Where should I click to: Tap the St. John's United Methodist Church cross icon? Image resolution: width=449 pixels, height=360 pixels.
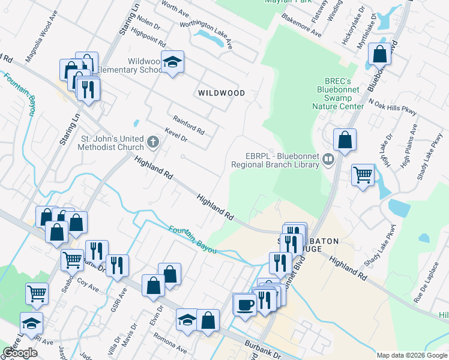click(x=153, y=142)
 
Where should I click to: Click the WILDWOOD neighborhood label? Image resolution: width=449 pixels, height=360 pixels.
click(x=222, y=93)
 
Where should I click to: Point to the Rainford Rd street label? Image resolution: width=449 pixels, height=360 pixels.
click(x=188, y=125)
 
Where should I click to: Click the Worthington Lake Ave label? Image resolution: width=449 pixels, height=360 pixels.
click(x=211, y=31)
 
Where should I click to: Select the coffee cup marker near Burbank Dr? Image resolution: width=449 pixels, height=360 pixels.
click(x=244, y=304)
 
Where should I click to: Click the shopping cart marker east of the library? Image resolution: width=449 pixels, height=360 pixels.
click(x=363, y=175)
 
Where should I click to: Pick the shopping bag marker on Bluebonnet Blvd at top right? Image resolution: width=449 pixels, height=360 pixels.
click(x=379, y=55)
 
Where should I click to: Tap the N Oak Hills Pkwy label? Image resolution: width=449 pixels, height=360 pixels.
click(x=393, y=107)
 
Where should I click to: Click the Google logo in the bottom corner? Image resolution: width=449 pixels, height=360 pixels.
click(x=20, y=352)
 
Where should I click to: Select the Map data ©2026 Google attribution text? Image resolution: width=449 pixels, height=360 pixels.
click(x=412, y=355)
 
